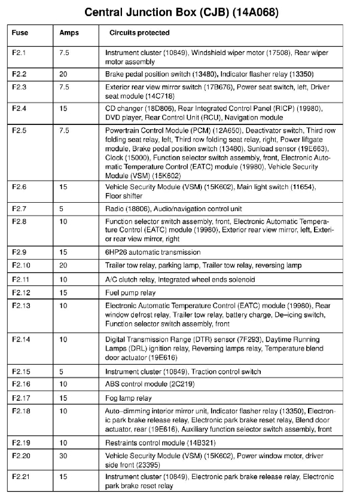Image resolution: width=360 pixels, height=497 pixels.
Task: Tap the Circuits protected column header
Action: tap(139, 33)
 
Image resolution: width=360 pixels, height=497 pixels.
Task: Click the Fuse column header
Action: tap(20, 33)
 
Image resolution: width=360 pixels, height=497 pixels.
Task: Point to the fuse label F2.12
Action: tap(22, 292)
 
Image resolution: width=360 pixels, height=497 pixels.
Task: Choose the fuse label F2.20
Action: tap(22, 456)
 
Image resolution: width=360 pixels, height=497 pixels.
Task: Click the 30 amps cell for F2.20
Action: tap(63, 456)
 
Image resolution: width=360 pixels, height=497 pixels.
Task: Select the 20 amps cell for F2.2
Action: tap(63, 74)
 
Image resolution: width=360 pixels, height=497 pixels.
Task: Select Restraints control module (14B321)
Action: tap(160, 443)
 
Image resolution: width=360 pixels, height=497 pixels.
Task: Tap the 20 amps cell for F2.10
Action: tap(63, 265)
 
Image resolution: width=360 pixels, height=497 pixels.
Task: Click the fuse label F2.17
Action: tap(22, 398)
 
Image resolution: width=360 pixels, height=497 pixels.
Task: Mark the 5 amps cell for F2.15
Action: tap(62, 371)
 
